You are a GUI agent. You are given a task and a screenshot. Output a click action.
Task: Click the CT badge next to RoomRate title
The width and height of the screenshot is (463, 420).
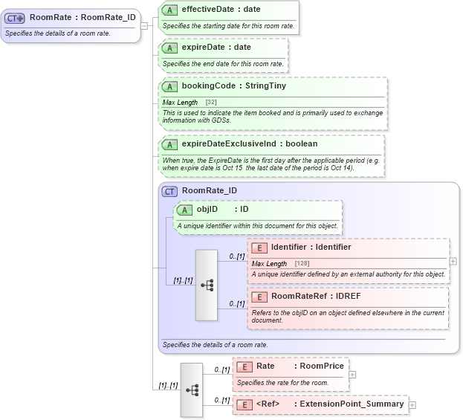tap(16, 18)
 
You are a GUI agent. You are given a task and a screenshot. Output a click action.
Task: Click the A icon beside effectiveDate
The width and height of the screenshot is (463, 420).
tap(169, 10)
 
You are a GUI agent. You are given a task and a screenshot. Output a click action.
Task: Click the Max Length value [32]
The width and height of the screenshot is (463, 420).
tap(211, 102)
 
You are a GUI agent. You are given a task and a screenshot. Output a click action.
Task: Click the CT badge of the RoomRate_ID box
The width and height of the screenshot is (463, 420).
tap(169, 191)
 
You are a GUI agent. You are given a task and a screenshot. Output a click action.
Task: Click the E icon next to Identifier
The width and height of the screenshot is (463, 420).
tap(260, 248)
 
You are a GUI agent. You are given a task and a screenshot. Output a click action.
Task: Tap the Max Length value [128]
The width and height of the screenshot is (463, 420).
tap(302, 264)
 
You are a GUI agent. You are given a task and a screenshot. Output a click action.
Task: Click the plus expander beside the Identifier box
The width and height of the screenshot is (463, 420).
tap(453, 262)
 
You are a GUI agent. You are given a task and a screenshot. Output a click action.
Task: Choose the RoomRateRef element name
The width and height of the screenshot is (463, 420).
tap(301, 297)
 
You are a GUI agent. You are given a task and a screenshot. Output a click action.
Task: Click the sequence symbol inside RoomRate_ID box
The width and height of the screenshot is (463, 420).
tap(207, 285)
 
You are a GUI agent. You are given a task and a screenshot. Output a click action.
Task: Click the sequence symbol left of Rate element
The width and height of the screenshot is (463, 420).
tap(192, 390)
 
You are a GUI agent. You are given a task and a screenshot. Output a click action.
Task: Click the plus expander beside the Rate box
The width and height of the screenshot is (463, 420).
tap(352, 375)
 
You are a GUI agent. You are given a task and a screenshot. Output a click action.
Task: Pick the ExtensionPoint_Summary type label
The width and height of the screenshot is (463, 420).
tap(352, 404)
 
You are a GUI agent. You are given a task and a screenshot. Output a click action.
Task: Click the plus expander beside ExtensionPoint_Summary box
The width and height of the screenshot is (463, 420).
tap(412, 405)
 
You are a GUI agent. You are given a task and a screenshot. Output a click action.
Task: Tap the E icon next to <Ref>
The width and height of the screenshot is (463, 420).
tap(245, 404)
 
